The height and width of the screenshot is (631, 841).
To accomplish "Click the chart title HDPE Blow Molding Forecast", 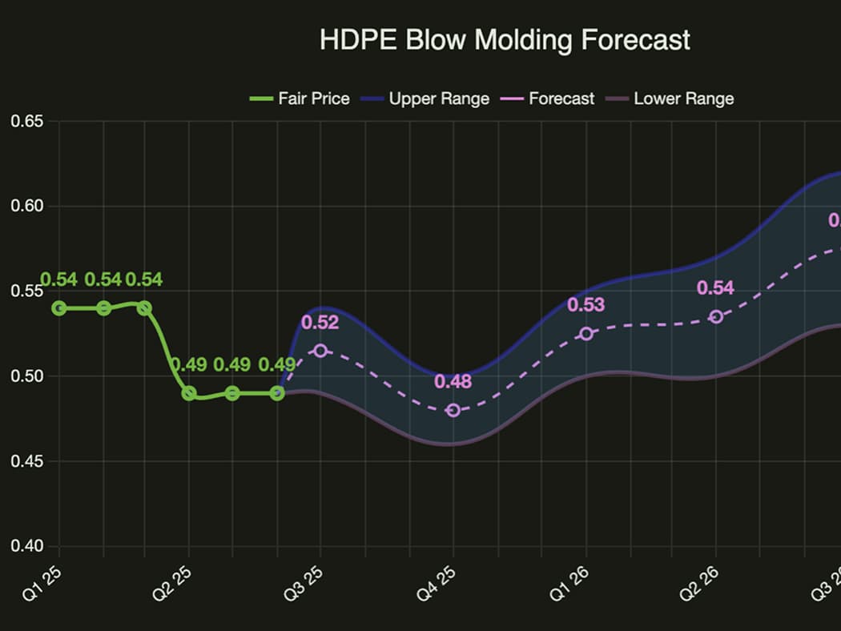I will point(505,40).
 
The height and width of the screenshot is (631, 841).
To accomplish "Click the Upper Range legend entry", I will point(425,98).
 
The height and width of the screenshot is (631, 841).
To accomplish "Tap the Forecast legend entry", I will point(551,98).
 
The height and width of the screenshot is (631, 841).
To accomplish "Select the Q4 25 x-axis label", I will point(441,574).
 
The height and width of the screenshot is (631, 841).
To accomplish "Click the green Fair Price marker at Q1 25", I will point(58,307).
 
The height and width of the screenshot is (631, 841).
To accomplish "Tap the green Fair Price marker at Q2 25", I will point(189,393).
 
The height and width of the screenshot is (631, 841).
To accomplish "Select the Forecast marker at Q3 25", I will point(320,351).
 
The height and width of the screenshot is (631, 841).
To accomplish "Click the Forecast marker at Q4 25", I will point(453,410).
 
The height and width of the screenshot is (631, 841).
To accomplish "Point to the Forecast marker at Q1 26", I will point(586,334).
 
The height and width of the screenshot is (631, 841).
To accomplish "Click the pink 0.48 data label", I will point(453,381).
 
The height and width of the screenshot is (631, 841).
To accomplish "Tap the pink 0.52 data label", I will point(320,323).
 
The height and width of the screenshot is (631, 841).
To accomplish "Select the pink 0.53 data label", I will point(585,305).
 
